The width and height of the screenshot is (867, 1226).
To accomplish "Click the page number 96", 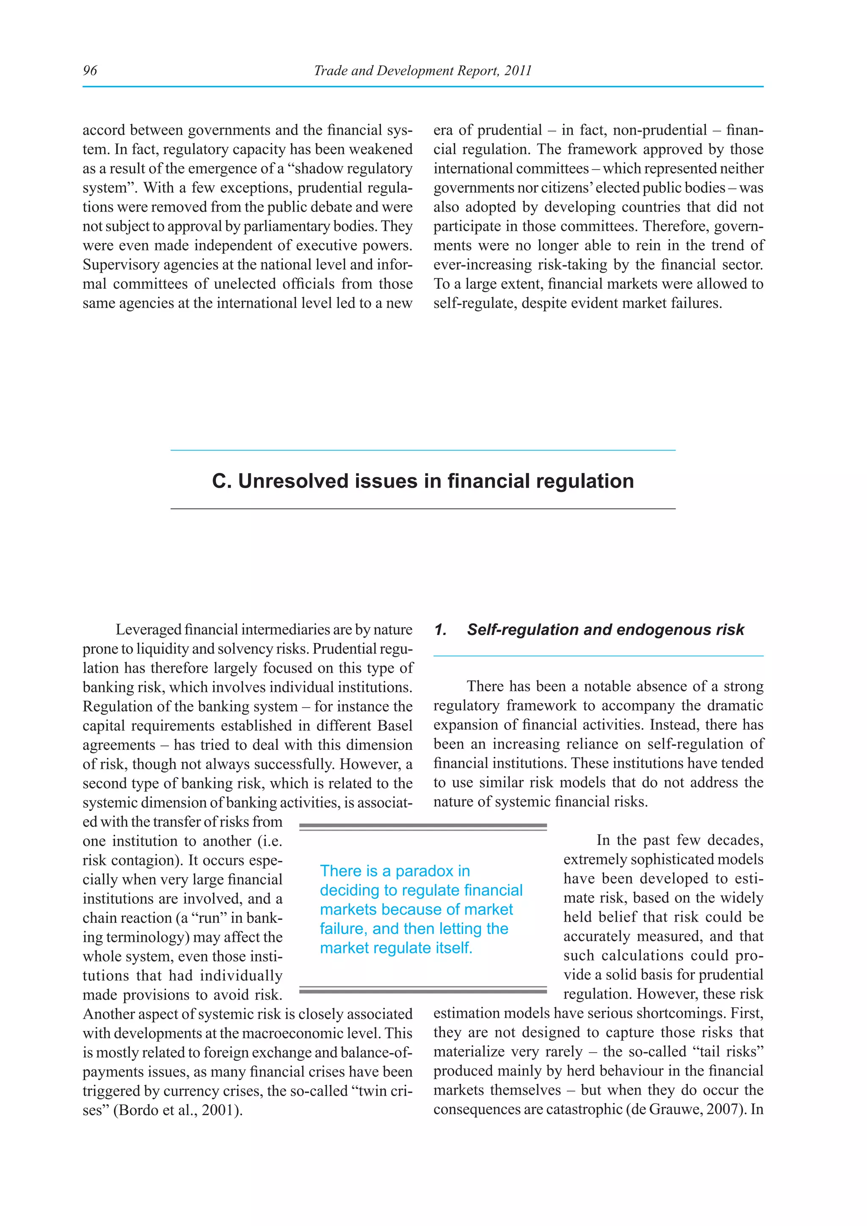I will point(90,70).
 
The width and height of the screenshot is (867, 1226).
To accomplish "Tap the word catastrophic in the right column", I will point(585,1109).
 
